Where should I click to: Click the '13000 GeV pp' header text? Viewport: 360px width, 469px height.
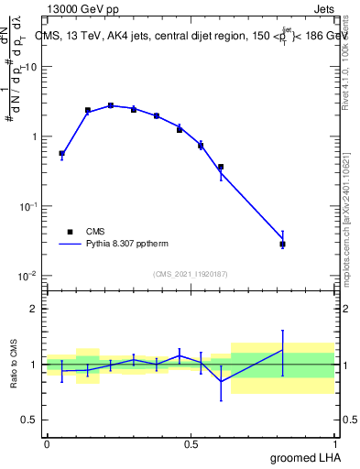pyautogui.click(x=87, y=9)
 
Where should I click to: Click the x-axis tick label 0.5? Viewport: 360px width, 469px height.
pyautogui.click(x=191, y=444)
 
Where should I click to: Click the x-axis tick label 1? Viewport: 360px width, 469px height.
pyautogui.click(x=337, y=444)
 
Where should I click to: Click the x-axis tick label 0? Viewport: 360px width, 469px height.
pyautogui.click(x=47, y=444)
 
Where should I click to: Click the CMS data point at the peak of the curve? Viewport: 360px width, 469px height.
pyautogui.click(x=111, y=105)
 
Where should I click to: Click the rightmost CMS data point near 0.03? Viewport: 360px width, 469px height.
pyautogui.click(x=283, y=245)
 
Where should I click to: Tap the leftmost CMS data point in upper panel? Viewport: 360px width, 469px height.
pyautogui.click(x=61, y=154)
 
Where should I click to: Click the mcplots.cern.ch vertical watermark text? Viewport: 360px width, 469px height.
pyautogui.click(x=352, y=211)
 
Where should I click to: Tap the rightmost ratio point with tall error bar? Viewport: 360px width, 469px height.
pyautogui.click(x=283, y=350)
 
